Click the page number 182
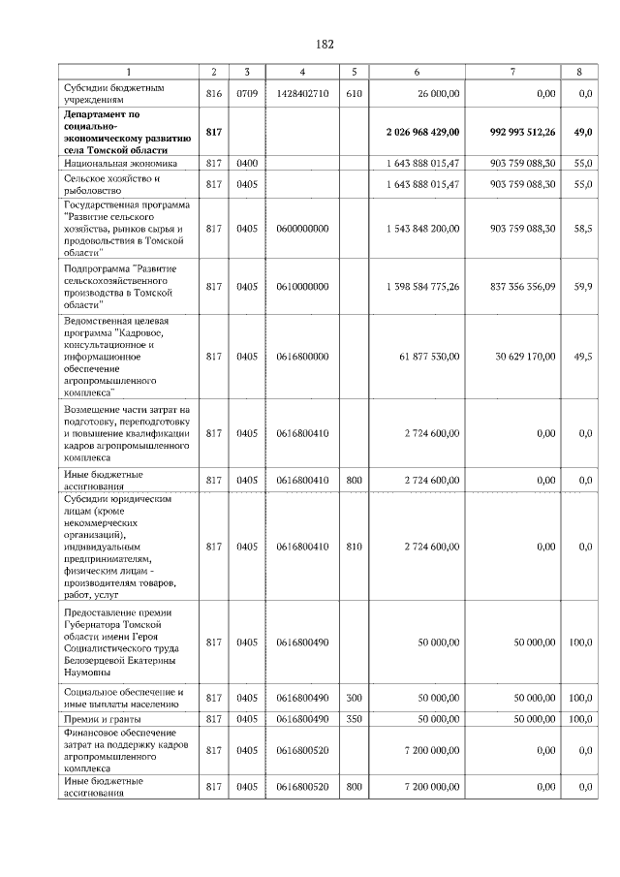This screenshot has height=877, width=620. click(x=325, y=45)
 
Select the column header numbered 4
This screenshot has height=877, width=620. click(x=302, y=72)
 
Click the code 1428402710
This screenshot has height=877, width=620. click(x=302, y=93)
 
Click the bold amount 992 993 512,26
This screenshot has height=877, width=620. click(x=512, y=131)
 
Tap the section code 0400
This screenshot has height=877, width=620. click(x=247, y=165)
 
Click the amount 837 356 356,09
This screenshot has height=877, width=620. click(x=512, y=287)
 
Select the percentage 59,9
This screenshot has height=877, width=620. click(x=582, y=287)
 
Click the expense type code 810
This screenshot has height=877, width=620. click(x=354, y=547)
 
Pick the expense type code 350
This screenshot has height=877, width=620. click(x=354, y=718)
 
